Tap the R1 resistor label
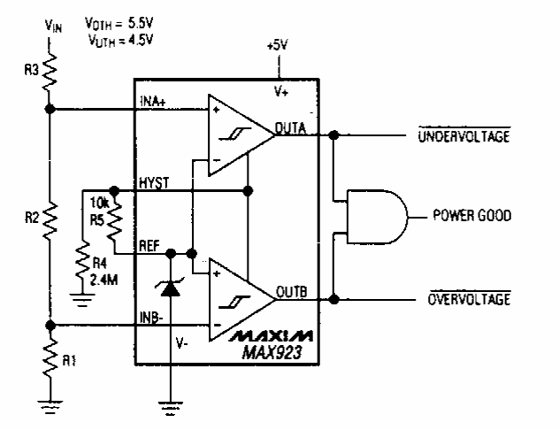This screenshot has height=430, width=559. pyautogui.click(x=78, y=362)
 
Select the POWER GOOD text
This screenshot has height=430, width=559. pyautogui.click(x=471, y=216)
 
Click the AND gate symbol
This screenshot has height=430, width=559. pyautogui.click(x=377, y=216)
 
